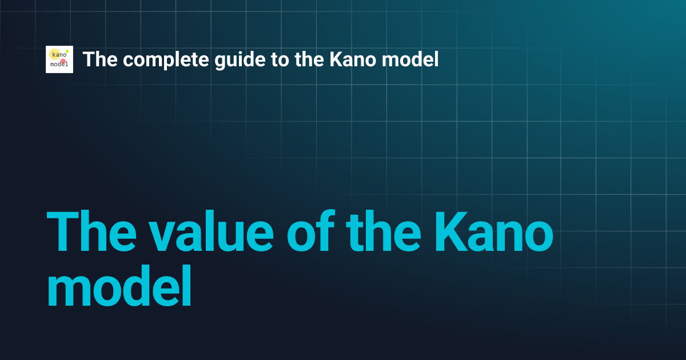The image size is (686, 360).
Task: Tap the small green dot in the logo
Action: coord(67,51)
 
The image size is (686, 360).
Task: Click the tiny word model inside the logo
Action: coord(59,65)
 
